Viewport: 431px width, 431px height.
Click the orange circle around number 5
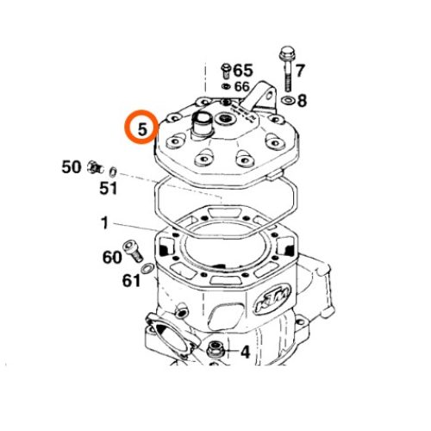point(125,127)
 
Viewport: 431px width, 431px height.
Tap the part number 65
point(243,71)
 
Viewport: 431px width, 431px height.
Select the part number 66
point(242,86)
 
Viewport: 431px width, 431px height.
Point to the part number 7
point(300,71)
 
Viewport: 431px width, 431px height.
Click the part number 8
point(302,101)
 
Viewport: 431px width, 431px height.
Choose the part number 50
point(72,167)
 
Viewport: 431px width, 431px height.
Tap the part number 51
point(109,189)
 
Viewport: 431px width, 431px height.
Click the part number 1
point(104,223)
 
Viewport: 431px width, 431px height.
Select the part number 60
point(112,257)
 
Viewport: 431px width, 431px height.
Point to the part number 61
point(131,280)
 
